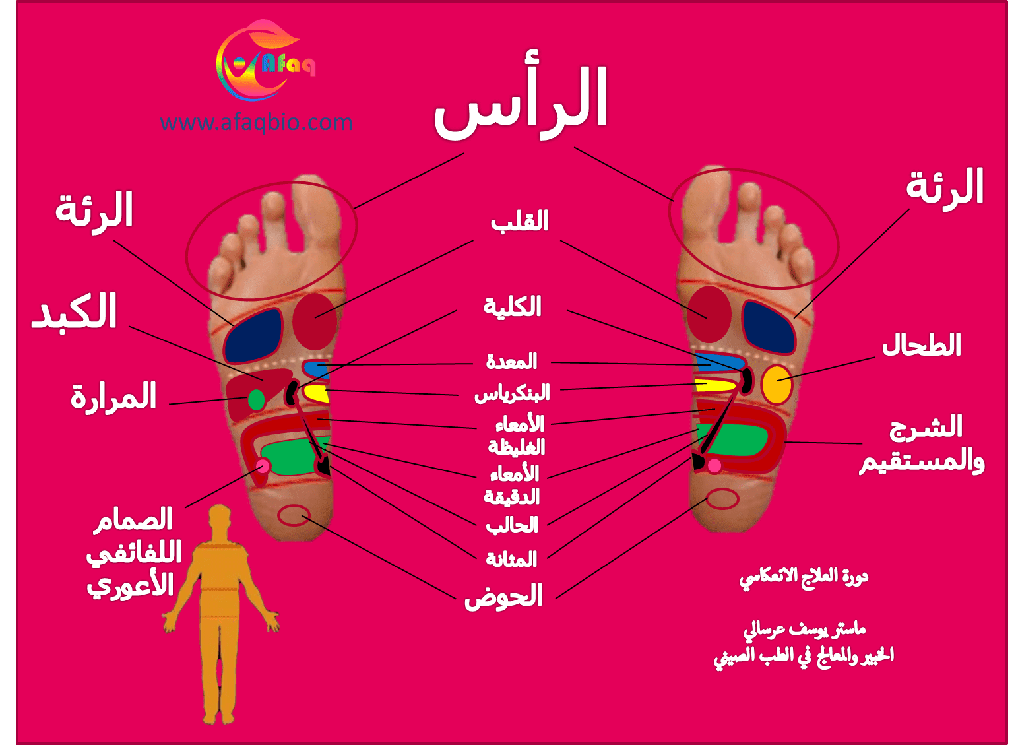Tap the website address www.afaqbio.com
point(256,123)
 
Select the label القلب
point(520,221)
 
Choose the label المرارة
point(113,396)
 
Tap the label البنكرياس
point(512,393)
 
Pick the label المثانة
point(511,559)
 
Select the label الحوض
point(503,596)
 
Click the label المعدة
point(511,362)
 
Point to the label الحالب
point(512,525)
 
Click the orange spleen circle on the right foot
point(777,384)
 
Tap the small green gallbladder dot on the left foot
point(256,400)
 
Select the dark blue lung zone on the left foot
point(253,336)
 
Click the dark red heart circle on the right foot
point(709,314)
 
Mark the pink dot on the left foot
point(263,465)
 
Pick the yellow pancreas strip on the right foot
point(715,385)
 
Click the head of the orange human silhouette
point(220,518)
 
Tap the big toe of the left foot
point(315,213)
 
